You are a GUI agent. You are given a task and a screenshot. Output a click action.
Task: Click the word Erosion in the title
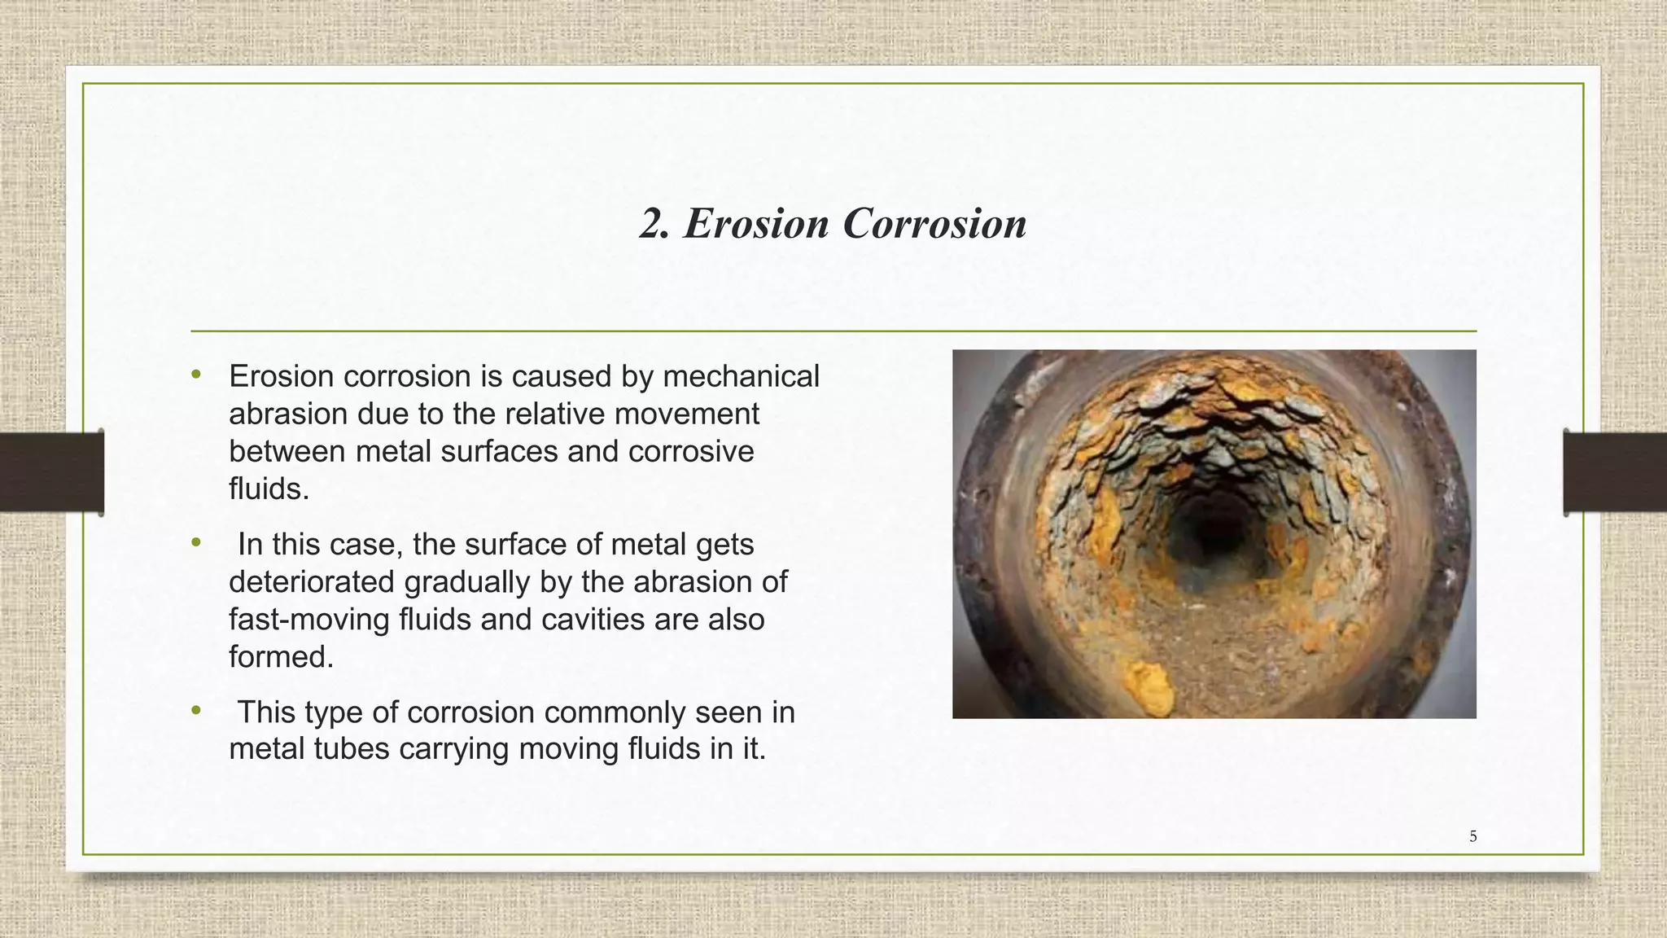[x=756, y=223]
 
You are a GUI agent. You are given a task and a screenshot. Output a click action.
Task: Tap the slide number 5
[x=1472, y=836]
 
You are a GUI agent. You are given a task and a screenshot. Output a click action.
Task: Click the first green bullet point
[x=195, y=375]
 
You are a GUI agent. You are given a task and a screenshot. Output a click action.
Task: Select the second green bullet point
[x=195, y=542]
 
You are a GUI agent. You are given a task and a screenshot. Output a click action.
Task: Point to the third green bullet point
[x=195, y=711]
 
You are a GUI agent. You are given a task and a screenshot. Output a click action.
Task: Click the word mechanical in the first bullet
[x=741, y=377]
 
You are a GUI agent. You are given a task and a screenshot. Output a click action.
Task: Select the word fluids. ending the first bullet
[x=269, y=489]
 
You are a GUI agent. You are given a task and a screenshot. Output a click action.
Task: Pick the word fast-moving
[x=309, y=620]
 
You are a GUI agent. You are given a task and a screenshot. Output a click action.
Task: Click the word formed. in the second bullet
[x=281, y=657]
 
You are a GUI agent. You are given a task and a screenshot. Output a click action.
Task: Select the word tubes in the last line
[x=352, y=748]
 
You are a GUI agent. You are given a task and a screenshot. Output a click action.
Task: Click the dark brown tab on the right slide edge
[x=1614, y=472]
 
